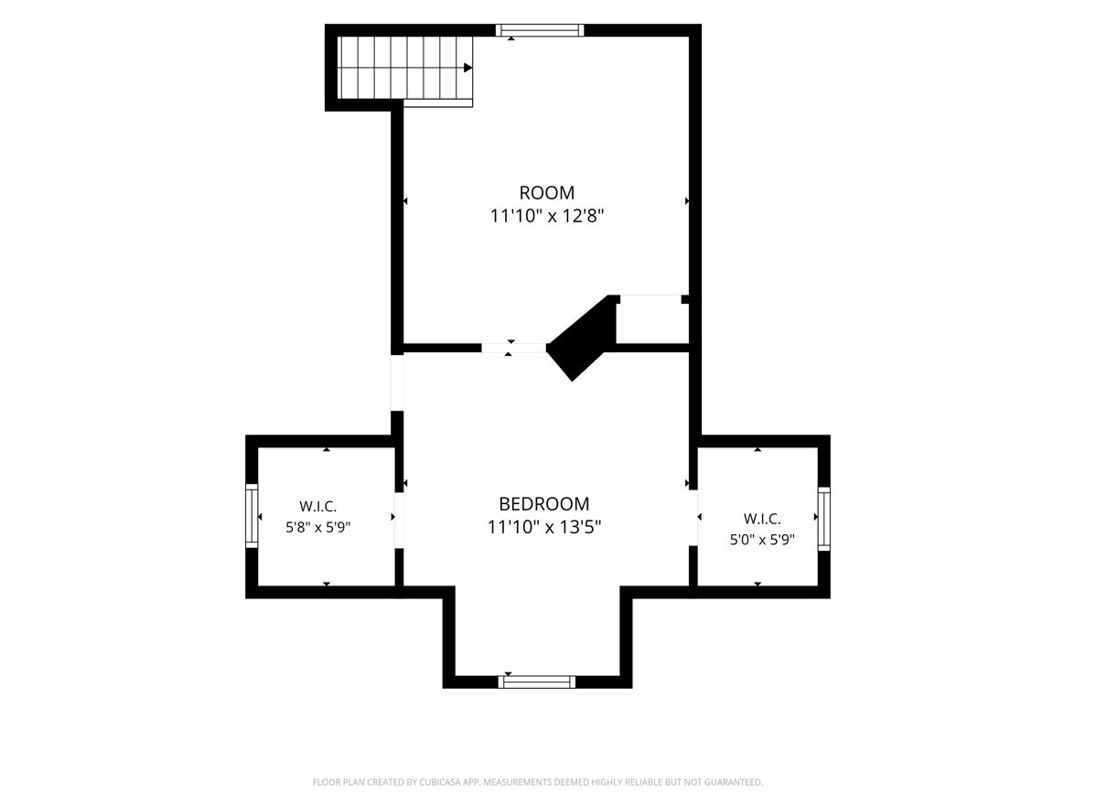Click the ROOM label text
point(546,192)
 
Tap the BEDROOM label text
point(543,503)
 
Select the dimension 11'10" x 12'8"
point(546,216)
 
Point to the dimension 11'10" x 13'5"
point(544,527)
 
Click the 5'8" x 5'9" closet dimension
point(318,527)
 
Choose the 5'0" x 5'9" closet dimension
point(763,539)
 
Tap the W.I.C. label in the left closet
point(318,507)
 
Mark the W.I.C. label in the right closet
point(762,519)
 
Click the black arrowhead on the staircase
point(468,68)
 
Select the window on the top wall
point(540,30)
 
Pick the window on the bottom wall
point(537,682)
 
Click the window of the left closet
point(252,515)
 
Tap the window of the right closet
point(824,519)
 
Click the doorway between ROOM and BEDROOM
point(514,348)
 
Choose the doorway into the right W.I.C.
point(693,518)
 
